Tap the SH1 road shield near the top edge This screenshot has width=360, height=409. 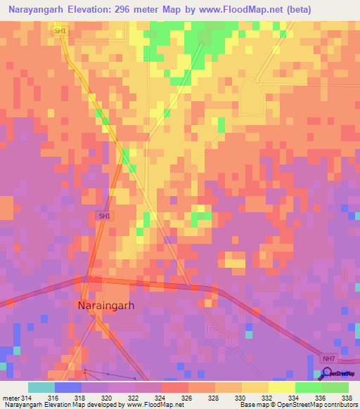coord(60,32)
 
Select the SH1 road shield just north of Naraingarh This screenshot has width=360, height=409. coord(103,216)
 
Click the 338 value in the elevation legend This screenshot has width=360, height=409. coord(347,398)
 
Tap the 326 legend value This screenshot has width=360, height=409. coord(188,398)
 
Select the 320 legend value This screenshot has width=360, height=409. coord(108,398)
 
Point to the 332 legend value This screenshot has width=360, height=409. coord(267,398)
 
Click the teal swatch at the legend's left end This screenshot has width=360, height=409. coord(41,387)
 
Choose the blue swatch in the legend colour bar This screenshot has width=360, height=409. coord(68,387)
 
